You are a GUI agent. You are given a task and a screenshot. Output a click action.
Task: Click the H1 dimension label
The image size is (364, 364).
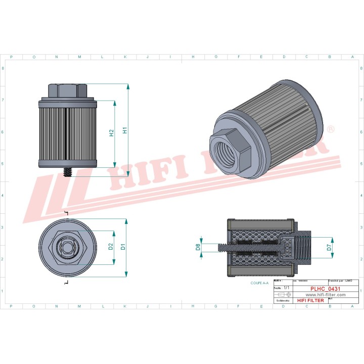click(125, 131)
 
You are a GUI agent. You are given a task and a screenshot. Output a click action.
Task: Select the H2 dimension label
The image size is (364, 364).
click(111, 133)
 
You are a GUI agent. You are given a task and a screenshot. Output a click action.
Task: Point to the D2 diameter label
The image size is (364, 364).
click(110, 247)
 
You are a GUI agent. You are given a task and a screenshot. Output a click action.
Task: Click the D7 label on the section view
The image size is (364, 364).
click(329, 247)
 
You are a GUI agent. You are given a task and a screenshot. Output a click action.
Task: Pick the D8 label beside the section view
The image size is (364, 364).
click(198, 247)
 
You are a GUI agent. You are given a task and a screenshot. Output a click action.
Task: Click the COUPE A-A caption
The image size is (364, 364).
click(260, 284)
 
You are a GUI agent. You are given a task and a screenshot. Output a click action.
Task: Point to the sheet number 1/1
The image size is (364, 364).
click(287, 287)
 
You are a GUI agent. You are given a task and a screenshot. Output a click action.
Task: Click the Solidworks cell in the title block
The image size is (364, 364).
click(281, 300)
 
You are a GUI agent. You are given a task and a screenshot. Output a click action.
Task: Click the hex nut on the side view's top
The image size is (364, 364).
click(67, 90)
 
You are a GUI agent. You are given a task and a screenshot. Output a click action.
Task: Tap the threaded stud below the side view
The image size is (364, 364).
click(67, 172)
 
